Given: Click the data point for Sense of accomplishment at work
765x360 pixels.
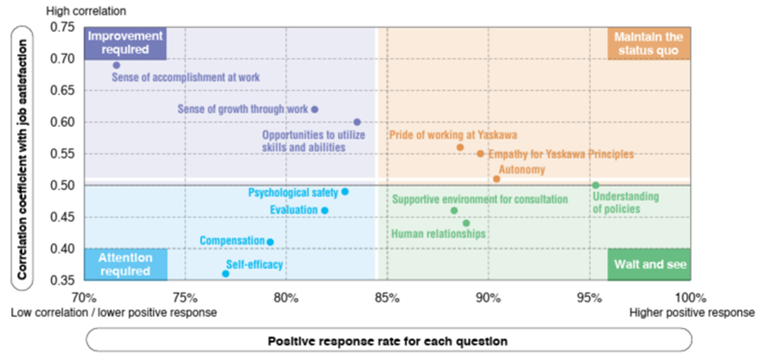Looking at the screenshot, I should coord(117,65).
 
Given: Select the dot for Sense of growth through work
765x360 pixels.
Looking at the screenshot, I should coord(314,110).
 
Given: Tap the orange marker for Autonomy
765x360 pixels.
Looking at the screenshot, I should coord(496,179).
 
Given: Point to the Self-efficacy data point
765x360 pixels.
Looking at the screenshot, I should coord(225,274).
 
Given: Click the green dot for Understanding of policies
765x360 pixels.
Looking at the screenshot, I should coord(595,186).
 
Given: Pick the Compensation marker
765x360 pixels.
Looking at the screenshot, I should coord(270,243).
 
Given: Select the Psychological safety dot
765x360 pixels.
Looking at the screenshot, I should coord(345,192).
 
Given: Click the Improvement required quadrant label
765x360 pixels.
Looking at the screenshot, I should coord(125,43).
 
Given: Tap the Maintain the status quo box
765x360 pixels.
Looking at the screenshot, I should coord(650,43).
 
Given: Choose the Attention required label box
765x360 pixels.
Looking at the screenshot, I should coord(125,264).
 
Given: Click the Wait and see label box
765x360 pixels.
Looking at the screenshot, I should coord(649,265).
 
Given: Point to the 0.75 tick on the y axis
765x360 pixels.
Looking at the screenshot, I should coord(62,28).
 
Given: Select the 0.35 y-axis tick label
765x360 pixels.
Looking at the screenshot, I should coord(62,281).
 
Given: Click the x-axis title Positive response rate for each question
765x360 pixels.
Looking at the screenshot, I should coord(387,340).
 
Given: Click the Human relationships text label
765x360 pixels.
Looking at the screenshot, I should coord(439,234).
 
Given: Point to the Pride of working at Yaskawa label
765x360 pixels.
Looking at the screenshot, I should coord(441,136).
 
